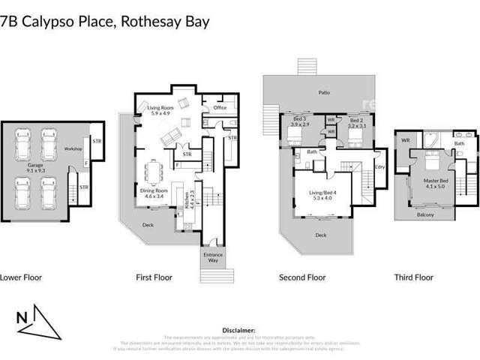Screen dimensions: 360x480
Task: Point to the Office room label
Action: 220,108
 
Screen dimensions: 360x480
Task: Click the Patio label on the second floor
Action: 324,92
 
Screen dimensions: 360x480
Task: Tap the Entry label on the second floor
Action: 380,168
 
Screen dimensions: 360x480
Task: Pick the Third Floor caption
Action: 414,277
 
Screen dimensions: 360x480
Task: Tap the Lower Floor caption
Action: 20,277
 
